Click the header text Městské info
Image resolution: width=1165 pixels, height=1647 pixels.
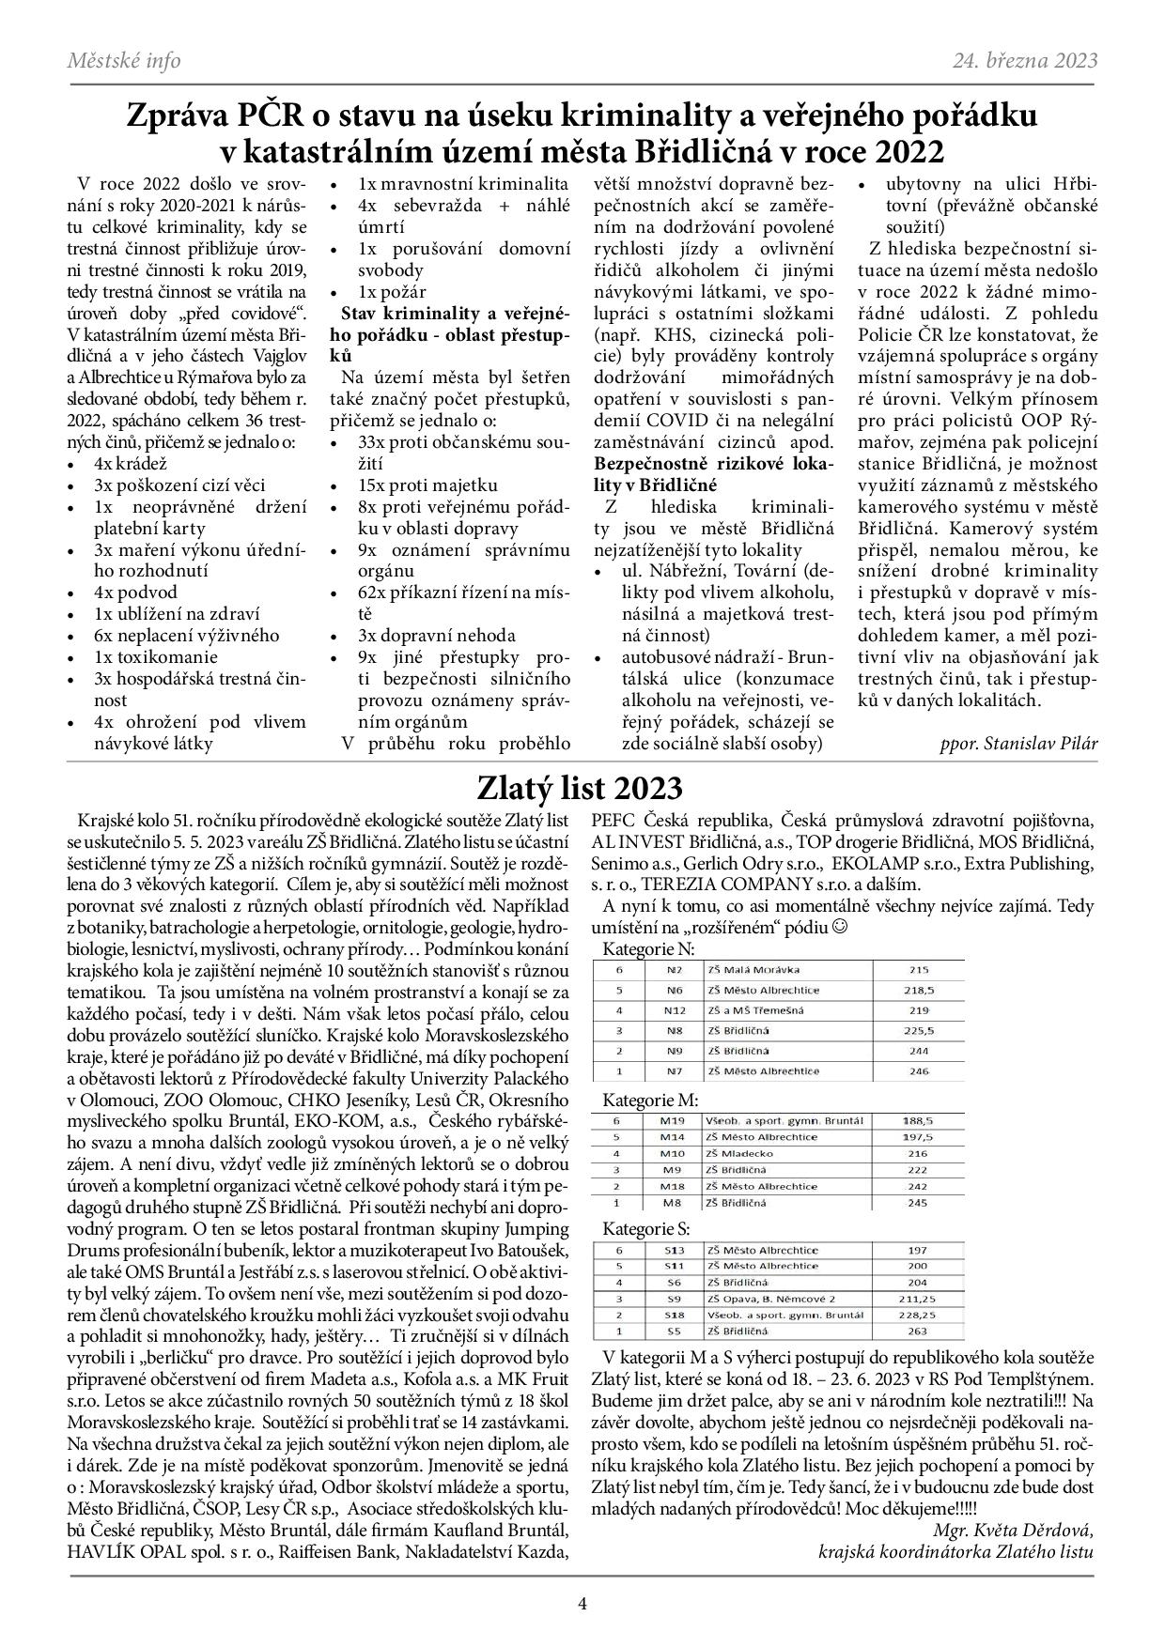point(124,61)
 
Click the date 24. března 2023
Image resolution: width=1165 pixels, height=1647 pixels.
point(1025,61)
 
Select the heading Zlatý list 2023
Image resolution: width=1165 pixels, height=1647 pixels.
point(580,787)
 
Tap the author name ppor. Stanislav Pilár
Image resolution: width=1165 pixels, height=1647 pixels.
point(1017,743)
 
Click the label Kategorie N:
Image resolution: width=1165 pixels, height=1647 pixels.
point(648,948)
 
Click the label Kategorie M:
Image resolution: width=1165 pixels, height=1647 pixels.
point(650,1100)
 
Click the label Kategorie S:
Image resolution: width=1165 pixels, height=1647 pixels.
point(646,1228)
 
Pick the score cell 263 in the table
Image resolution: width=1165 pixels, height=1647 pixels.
point(918,1331)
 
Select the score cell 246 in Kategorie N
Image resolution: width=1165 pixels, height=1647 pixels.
point(918,1070)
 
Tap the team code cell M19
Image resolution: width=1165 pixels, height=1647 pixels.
point(673,1120)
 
